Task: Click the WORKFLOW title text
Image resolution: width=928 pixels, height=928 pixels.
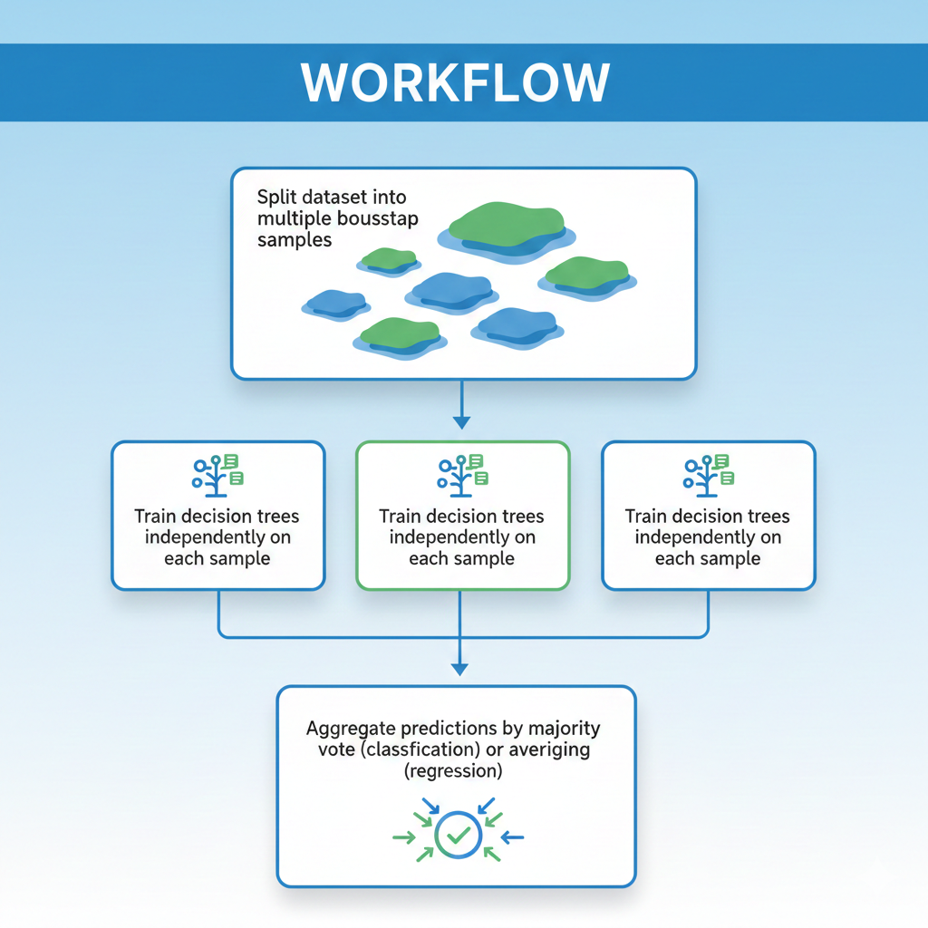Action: click(456, 82)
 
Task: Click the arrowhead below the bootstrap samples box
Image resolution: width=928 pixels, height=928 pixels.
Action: click(461, 421)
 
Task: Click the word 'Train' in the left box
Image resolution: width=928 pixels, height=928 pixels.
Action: click(157, 517)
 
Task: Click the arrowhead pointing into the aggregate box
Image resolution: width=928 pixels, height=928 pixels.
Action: click(460, 669)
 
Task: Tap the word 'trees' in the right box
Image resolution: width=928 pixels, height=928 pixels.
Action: click(764, 517)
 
